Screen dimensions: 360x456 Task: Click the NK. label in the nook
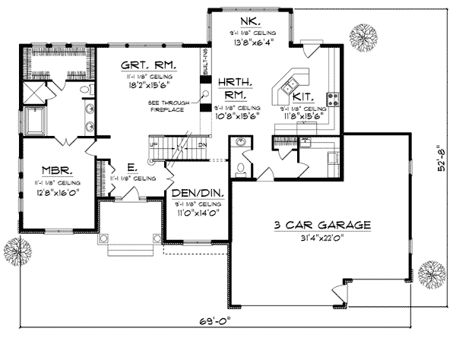251,21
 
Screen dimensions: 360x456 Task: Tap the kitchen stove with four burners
333,98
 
